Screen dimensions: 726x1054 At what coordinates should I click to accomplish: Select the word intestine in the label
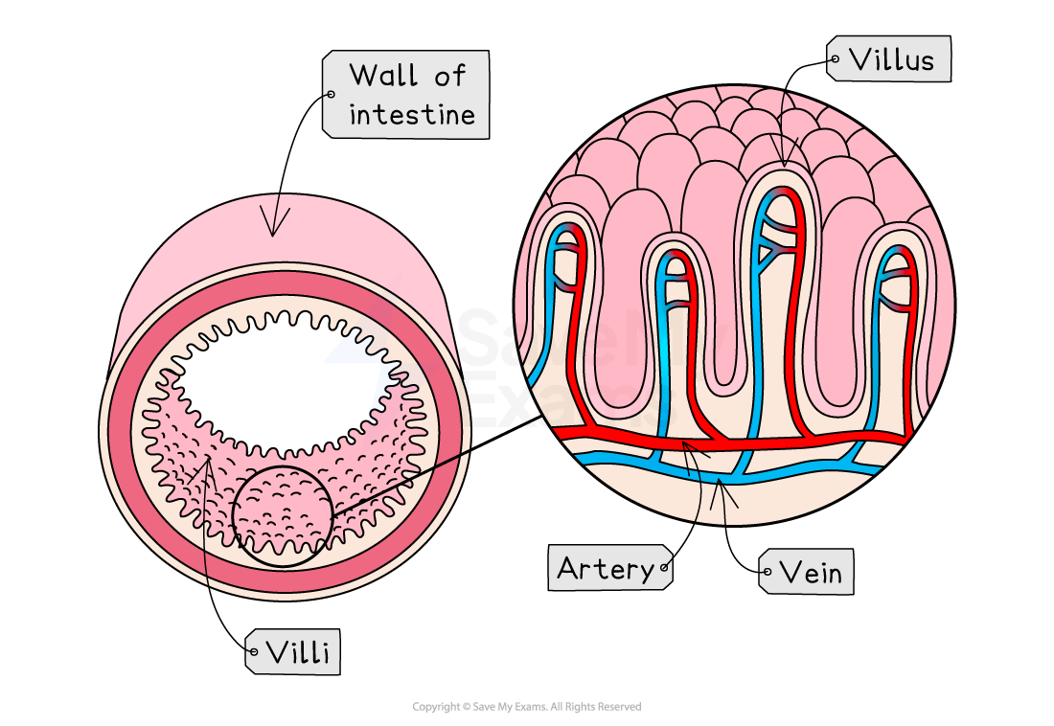click(x=411, y=115)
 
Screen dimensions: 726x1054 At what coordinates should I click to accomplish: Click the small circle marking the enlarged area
click(x=283, y=516)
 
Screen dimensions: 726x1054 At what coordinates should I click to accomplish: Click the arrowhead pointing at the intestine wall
click(x=275, y=230)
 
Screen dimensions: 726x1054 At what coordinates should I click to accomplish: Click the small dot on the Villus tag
click(x=835, y=59)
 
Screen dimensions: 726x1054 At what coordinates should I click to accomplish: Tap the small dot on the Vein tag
click(x=767, y=573)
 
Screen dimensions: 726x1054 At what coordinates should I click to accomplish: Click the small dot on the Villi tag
click(x=253, y=652)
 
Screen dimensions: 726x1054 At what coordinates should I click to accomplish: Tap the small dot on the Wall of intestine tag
click(x=331, y=94)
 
